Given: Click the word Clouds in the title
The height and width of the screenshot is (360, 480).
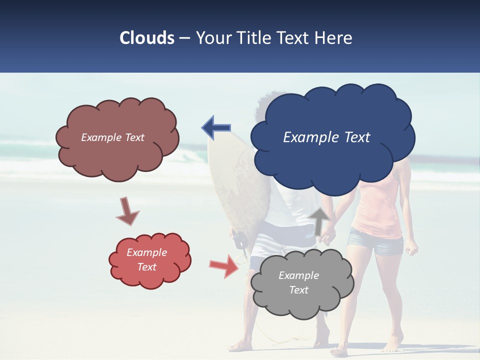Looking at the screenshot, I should pos(147,38).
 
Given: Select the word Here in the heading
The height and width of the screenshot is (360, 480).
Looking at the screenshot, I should pos(334,38).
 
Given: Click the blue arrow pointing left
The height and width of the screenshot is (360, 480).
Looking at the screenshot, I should pos(216,128).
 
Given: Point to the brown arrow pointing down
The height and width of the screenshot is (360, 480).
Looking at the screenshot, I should pos(127,210).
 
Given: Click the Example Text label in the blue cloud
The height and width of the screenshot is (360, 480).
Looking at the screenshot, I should pos(326,137).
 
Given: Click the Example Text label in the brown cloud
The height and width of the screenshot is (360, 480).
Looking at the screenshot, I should pos(112,137).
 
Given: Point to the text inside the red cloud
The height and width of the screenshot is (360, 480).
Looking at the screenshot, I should pos(147,259).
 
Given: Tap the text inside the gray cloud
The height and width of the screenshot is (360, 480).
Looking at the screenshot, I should pos(298,282).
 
